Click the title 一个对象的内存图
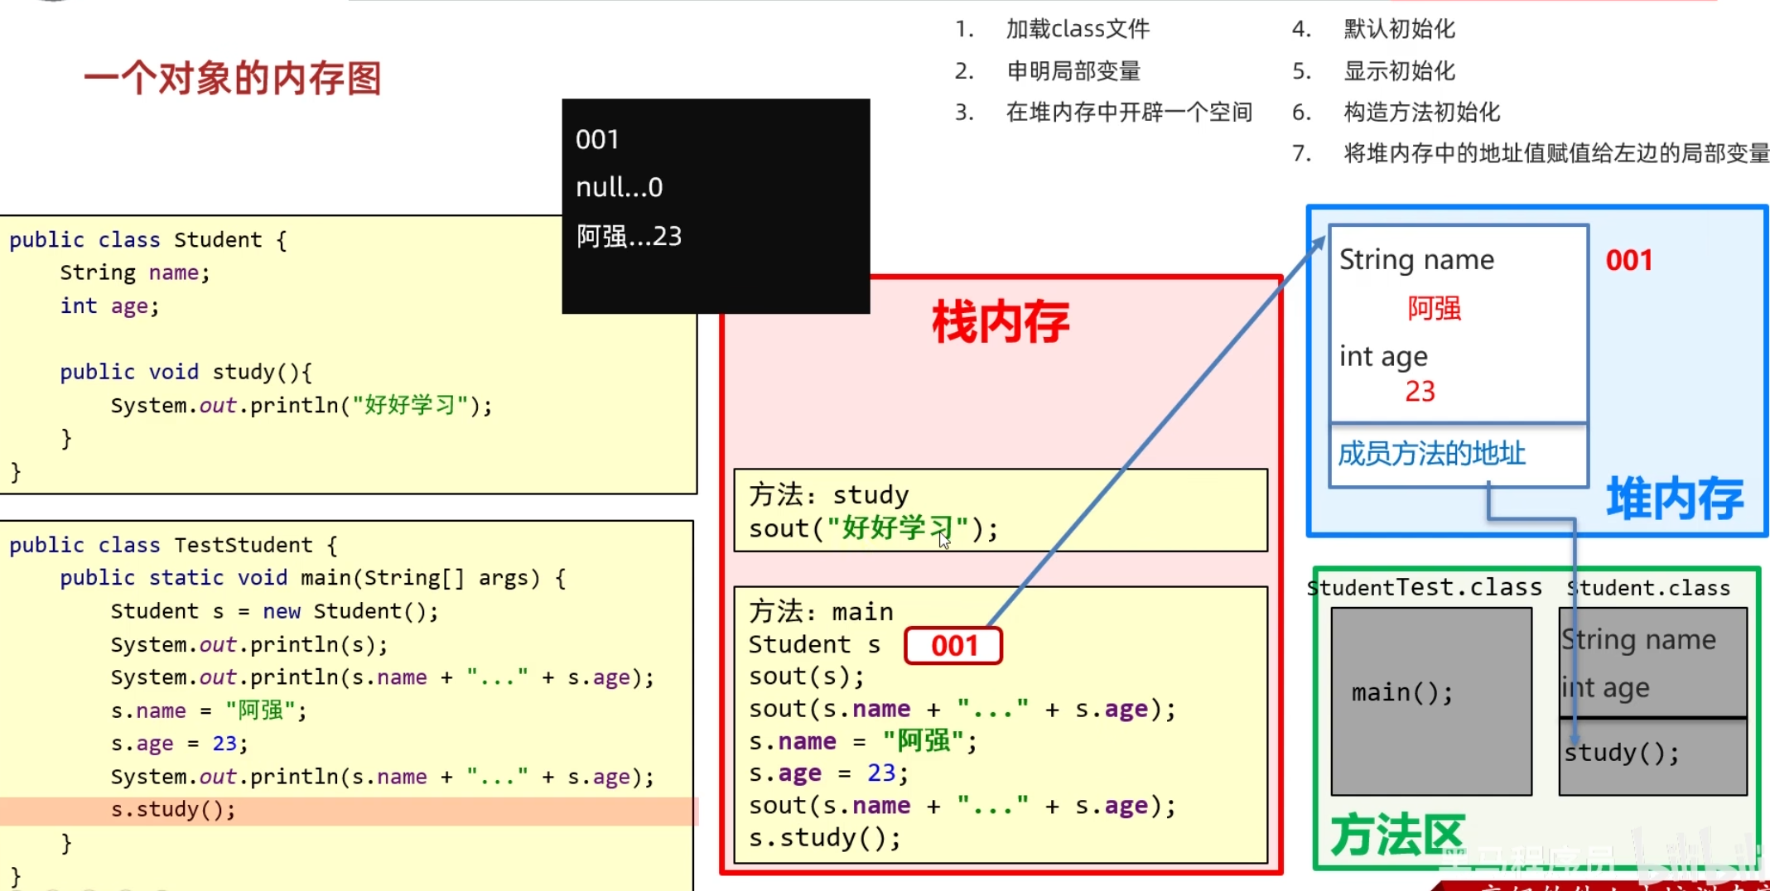[233, 79]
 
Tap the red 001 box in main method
[953, 646]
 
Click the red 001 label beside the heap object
[1628, 261]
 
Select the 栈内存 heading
[1001, 322]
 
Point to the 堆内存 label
[1675, 498]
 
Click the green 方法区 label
[1397, 835]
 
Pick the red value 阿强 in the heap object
[1434, 308]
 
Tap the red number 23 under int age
[1420, 391]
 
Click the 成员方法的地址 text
[1431, 454]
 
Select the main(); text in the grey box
[1401, 692]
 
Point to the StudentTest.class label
[1425, 588]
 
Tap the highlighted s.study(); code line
[173, 810]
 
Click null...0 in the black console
[620, 188]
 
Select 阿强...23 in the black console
[629, 237]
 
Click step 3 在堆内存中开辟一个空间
[1128, 112]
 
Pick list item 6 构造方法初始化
[1421, 112]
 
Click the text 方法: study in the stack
[828, 495]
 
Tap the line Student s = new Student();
[274, 611]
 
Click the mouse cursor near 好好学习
[944, 541]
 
